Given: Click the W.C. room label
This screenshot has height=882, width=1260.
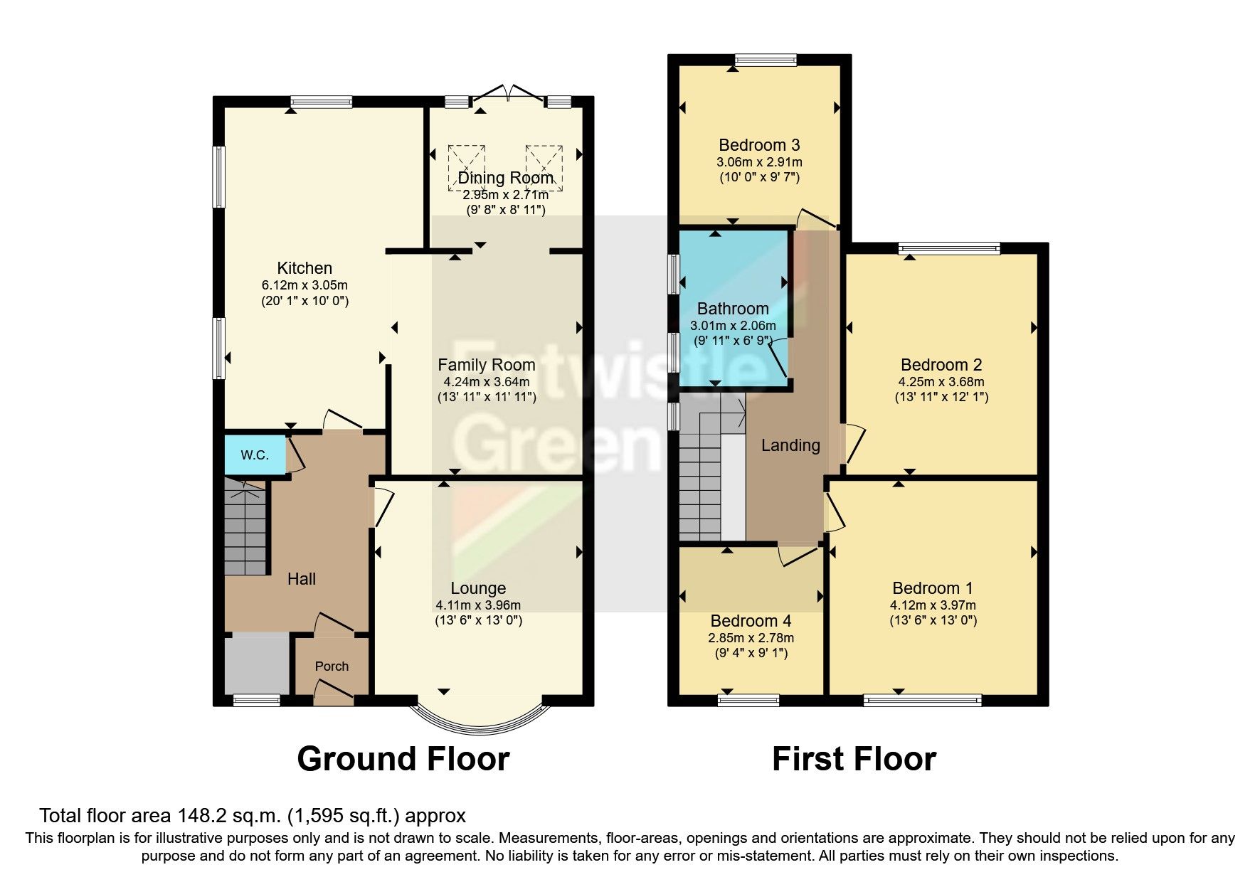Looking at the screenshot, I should [x=254, y=455].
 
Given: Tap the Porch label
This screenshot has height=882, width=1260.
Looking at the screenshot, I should [x=332, y=666].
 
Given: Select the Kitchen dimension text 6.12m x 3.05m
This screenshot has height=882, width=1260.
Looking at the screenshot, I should [x=305, y=285].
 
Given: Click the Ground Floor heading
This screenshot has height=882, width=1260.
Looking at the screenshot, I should [x=403, y=759].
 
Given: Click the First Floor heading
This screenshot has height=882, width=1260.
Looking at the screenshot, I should [x=854, y=759].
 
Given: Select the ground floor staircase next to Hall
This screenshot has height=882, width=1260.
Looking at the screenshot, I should [x=245, y=526].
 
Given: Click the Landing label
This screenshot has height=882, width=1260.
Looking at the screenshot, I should [x=790, y=445].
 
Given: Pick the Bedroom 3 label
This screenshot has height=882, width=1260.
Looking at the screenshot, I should [x=759, y=145].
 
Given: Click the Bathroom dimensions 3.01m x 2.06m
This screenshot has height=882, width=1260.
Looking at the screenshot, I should [x=733, y=326].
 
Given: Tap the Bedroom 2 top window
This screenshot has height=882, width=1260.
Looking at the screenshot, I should [x=949, y=248].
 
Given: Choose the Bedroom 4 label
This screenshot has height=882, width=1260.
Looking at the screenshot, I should [x=751, y=621].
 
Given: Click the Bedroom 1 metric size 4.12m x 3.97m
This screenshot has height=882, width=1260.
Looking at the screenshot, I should [x=933, y=605].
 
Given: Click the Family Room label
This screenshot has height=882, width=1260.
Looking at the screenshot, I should [x=486, y=365].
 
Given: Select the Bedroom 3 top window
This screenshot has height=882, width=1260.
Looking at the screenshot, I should [x=766, y=60].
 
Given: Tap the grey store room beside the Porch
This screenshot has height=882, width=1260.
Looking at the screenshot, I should [x=257, y=663].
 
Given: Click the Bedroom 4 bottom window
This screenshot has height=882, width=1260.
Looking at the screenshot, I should [x=748, y=700].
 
